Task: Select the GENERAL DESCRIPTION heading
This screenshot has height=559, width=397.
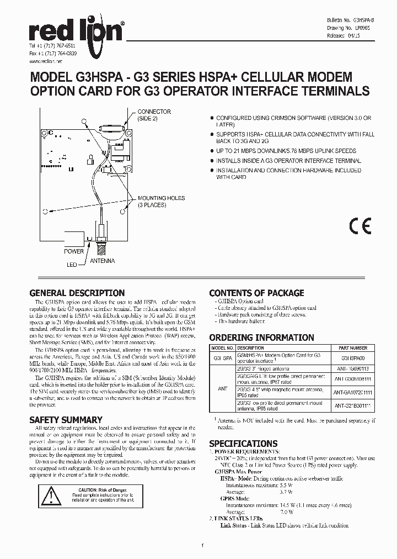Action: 77,293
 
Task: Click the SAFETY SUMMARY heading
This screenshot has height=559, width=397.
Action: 66,419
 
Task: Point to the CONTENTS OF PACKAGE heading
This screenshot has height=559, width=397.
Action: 256,293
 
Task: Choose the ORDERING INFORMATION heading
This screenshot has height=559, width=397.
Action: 261,337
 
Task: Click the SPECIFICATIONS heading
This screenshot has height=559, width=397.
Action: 243,443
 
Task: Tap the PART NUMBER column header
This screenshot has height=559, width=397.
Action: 351,348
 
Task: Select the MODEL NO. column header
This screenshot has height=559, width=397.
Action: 222,348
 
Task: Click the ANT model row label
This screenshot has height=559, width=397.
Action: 222,388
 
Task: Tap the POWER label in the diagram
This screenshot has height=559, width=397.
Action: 74,251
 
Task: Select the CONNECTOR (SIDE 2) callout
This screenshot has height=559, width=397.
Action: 154,115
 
